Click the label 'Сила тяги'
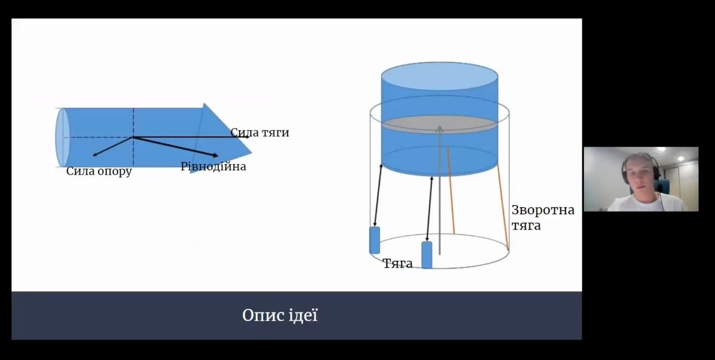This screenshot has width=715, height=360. tap(259, 133)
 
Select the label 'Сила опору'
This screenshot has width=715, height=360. tap(99, 171)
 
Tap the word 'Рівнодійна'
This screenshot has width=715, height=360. tap(213, 166)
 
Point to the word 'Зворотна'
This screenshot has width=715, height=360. tap(543, 210)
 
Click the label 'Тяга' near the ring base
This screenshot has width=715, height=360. tap(397, 264)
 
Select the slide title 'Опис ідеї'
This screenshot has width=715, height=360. tap(280, 315)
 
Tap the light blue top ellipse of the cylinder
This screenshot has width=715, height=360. tap(440, 76)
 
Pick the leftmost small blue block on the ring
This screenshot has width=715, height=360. tap(375, 240)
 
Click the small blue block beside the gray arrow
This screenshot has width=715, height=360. tap(427, 255)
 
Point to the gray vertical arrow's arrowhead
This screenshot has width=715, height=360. tap(440, 129)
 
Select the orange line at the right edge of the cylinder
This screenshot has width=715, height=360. tap(502, 207)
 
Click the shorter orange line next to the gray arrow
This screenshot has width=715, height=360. tap(450, 190)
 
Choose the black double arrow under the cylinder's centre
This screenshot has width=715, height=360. tap(429, 209)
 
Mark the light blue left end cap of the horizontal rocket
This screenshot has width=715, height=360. tap(62, 137)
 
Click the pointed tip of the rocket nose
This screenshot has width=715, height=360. tap(251, 152)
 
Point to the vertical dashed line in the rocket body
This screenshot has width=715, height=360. tap(133, 137)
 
